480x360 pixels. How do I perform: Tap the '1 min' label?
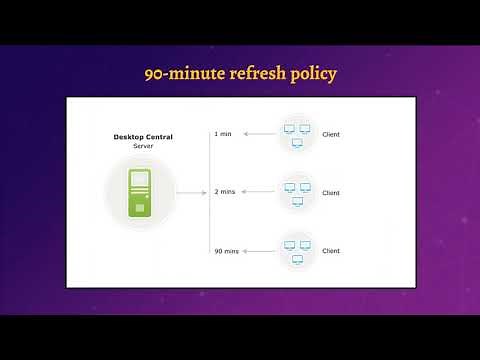pyautogui.click(x=223, y=133)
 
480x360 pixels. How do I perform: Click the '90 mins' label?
pyautogui.click(x=226, y=249)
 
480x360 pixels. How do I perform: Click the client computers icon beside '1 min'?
pyautogui.click(x=295, y=133)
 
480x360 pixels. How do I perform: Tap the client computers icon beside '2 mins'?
pyautogui.click(x=295, y=191)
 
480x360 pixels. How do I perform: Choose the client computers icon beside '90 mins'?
pyautogui.click(x=295, y=249)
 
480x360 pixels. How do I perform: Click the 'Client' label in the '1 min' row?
pyautogui.click(x=331, y=134)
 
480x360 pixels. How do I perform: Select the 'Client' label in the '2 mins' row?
pyautogui.click(x=331, y=192)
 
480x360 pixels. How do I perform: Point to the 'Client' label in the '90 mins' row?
pyautogui.click(x=331, y=250)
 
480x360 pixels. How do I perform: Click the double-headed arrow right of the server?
pyautogui.click(x=190, y=191)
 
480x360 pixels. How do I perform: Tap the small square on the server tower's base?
pyautogui.click(x=140, y=207)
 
